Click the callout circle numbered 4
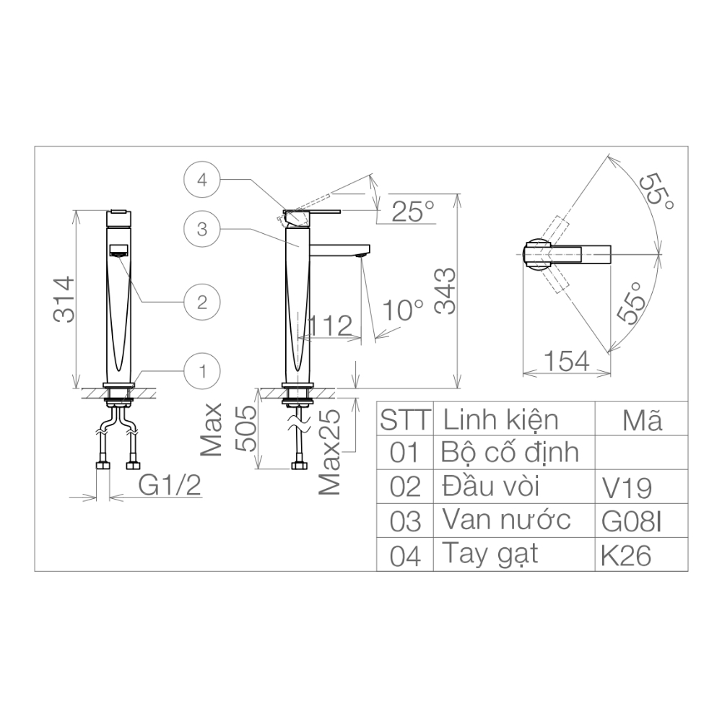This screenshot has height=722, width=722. click(x=202, y=180)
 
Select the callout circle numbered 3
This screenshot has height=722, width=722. click(x=202, y=230)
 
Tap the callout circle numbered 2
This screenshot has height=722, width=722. click(x=202, y=300)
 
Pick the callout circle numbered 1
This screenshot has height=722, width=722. click(x=202, y=371)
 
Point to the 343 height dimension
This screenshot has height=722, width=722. click(x=445, y=290)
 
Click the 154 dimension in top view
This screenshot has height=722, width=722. click(x=566, y=360)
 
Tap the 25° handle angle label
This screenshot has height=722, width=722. click(x=413, y=212)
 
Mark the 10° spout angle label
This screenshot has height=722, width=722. click(x=403, y=310)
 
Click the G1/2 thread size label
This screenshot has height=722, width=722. click(x=169, y=486)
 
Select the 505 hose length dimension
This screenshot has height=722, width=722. click(x=245, y=428)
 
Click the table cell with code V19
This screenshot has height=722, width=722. click(x=626, y=488)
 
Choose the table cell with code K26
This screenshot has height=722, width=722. click(x=626, y=555)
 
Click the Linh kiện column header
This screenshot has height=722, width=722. click(x=500, y=419)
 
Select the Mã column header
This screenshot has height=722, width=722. click(x=641, y=419)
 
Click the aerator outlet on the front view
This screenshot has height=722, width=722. click(x=118, y=251)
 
